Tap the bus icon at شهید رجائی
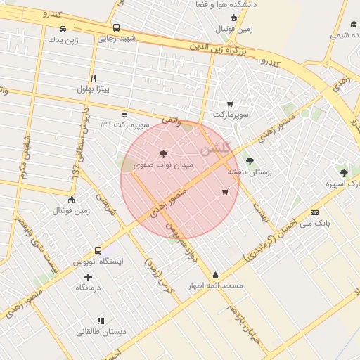click(x=116, y=28)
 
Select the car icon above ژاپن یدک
click(x=63, y=29)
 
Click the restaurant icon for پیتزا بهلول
click(x=93, y=78)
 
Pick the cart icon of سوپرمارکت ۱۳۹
click(x=124, y=114)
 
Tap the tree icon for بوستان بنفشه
click(x=250, y=161)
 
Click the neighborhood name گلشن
click(x=214, y=149)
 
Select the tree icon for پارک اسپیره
click(x=344, y=173)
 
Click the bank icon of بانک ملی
click(x=314, y=212)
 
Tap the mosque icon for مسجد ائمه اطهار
click(x=215, y=275)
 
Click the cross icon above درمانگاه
click(x=88, y=276)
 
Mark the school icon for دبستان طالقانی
click(x=100, y=320)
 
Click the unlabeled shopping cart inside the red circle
click(x=225, y=191)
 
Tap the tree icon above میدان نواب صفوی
click(x=164, y=153)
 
